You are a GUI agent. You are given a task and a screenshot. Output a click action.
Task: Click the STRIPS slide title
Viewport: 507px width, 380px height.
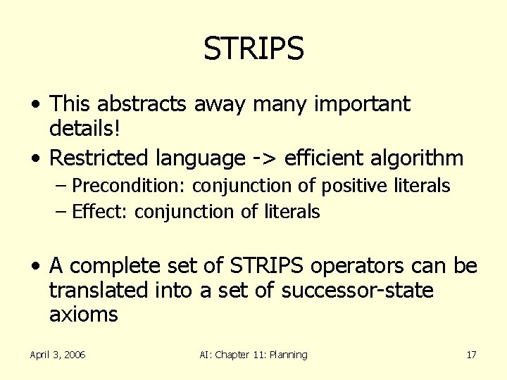(254, 49)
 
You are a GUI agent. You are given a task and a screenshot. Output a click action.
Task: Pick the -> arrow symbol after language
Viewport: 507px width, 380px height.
(261, 158)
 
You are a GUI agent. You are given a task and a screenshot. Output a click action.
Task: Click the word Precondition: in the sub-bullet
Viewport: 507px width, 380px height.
(131, 186)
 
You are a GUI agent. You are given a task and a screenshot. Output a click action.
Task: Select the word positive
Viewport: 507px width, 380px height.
(353, 186)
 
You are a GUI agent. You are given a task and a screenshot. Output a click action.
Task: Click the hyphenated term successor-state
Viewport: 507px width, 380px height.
(357, 290)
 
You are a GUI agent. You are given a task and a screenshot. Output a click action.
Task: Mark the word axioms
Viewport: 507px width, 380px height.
(83, 314)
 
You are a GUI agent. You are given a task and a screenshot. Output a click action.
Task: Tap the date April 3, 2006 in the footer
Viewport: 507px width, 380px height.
(58, 355)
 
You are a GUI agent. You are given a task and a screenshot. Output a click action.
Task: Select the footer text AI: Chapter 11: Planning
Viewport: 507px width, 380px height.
(254, 355)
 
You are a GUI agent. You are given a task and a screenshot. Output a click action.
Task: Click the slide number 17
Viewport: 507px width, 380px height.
(471, 355)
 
